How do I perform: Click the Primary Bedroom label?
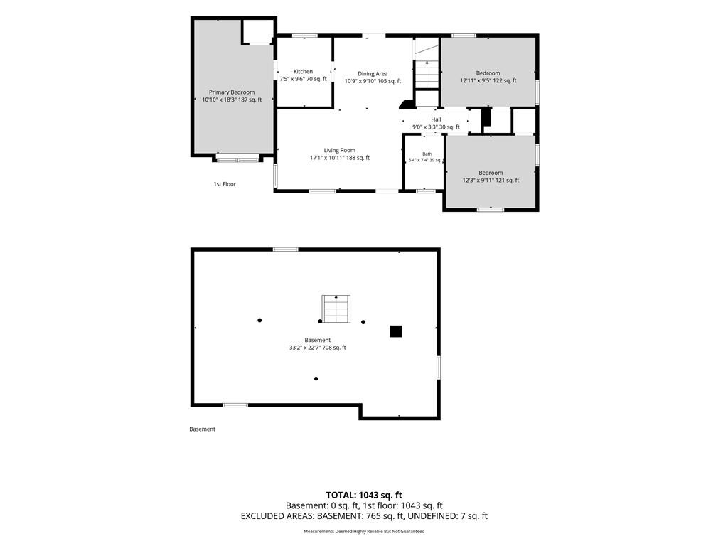coord(232,92)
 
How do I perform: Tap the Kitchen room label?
coord(303,72)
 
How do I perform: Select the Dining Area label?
coord(373,73)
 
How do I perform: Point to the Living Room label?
coord(339,150)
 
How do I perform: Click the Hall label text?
coord(436,119)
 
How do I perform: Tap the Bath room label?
coord(427,154)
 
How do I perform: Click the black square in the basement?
coord(395,331)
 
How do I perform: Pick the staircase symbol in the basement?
coord(336,309)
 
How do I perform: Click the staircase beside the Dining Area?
coord(427,74)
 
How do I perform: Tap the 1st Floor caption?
coord(225,184)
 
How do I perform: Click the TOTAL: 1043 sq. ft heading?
coord(364,495)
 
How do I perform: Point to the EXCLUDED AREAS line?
coord(364,516)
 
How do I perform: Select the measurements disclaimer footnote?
coord(364,532)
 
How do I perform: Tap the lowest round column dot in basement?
coord(316,379)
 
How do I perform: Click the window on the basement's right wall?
coord(438,368)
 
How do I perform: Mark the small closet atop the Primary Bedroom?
coord(257,31)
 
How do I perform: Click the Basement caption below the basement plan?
coord(203,429)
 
